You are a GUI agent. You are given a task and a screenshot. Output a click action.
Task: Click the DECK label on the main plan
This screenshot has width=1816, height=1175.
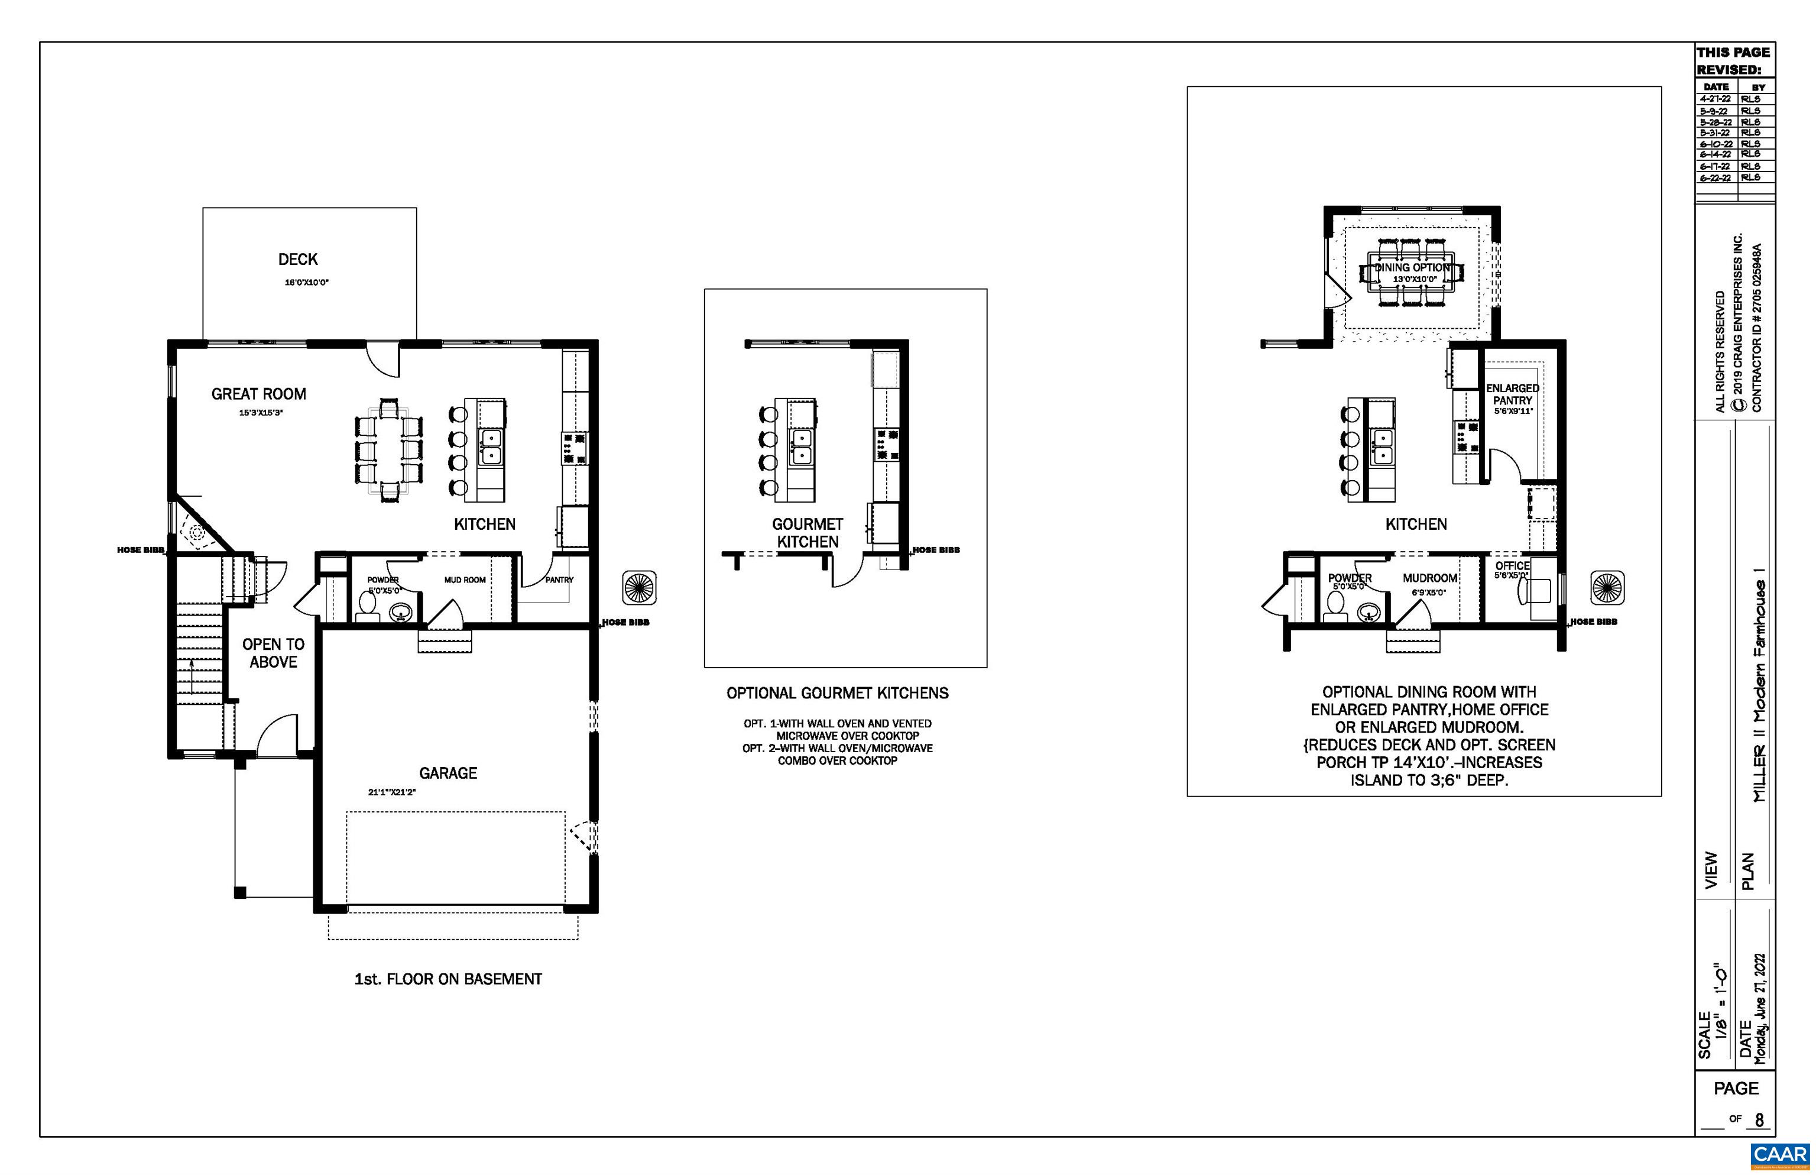click(x=297, y=260)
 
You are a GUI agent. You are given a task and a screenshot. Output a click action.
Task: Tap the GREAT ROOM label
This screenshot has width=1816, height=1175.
click(x=258, y=394)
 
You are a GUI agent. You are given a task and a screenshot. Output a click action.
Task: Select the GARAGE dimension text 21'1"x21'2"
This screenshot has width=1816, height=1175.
click(x=391, y=792)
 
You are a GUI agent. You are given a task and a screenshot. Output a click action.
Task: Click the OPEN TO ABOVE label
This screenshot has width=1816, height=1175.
click(x=273, y=653)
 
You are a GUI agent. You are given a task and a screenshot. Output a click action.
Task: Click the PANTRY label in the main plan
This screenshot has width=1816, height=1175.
click(x=559, y=580)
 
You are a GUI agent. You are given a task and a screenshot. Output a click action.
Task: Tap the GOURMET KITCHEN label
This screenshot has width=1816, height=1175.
click(x=807, y=533)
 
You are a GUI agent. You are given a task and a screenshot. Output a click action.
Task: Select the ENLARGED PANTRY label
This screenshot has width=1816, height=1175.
click(x=1512, y=394)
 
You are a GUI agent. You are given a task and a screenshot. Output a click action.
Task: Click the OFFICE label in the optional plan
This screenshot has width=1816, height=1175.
click(x=1512, y=565)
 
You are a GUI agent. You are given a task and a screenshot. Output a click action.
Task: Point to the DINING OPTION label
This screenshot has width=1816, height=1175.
click(x=1412, y=268)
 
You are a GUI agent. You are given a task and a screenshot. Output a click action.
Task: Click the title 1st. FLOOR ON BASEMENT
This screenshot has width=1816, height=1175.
click(x=447, y=979)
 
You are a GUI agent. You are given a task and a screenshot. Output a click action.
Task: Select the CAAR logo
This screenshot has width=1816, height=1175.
click(x=1779, y=1154)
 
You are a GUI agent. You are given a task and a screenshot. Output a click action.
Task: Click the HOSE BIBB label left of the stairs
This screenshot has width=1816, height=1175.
click(x=140, y=550)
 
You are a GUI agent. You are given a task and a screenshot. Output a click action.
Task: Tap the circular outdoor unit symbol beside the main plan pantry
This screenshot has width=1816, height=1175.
click(x=639, y=588)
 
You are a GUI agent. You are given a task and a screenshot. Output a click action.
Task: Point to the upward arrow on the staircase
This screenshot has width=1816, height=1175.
click(x=192, y=675)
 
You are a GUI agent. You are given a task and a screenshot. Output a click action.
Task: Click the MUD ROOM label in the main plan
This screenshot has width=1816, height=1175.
click(x=465, y=580)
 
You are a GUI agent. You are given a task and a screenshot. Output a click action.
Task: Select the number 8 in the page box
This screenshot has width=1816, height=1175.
click(x=1759, y=1119)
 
